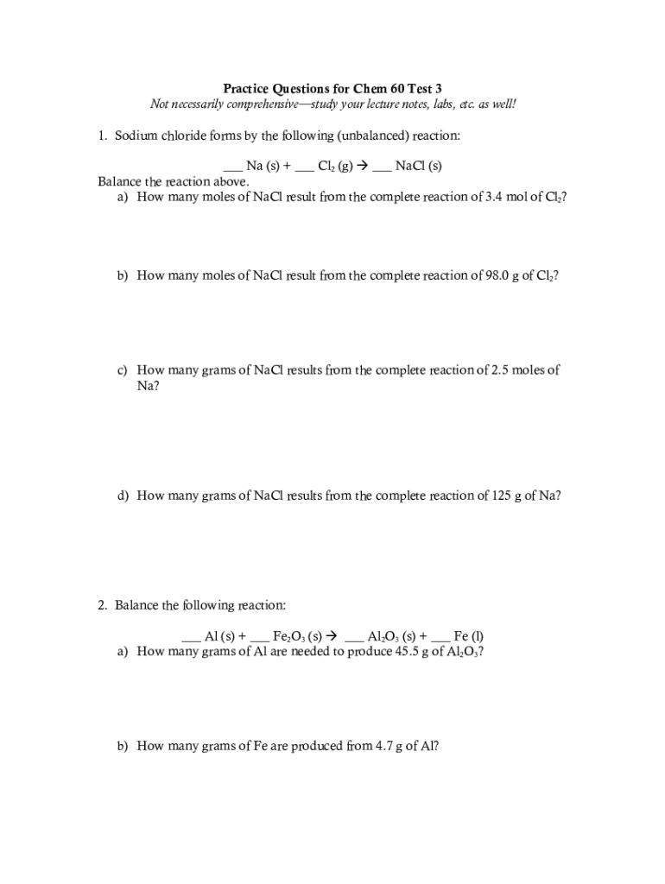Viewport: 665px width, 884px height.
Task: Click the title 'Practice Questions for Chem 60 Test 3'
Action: coord(332,88)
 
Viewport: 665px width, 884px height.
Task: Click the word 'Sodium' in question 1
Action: coord(136,136)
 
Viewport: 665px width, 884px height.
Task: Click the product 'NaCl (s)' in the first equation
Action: coord(418,166)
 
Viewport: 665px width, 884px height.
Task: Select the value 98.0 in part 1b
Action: coord(489,275)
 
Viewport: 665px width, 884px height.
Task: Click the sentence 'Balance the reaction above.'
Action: coord(174,181)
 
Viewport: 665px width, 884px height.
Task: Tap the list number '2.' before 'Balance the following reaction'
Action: coord(103,605)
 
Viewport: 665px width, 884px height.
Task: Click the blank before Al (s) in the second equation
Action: coord(192,636)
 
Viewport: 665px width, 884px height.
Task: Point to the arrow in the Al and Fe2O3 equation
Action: coord(332,636)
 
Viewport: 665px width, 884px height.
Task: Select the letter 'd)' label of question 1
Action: coord(123,496)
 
